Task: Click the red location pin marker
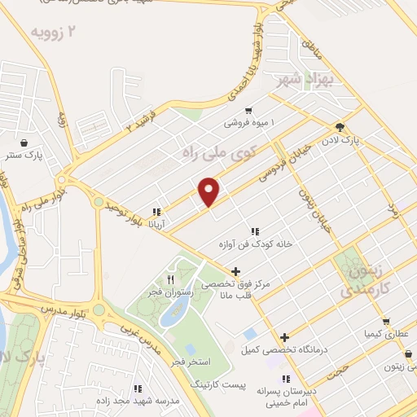point(209,191)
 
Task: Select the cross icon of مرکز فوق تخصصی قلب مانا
point(235,271)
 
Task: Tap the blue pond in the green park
point(175,309)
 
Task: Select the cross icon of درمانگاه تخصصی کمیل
point(284,337)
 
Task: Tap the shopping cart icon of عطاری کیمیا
point(385,321)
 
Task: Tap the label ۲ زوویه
point(57,33)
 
